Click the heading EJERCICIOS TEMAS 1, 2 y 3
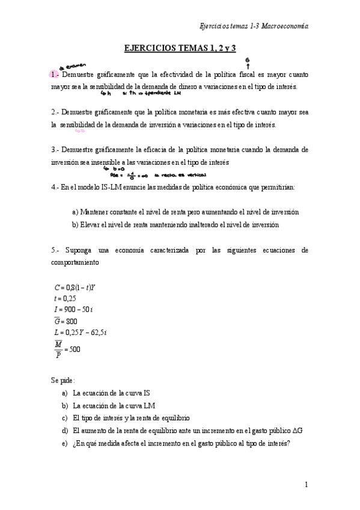180,48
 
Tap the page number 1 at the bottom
306,485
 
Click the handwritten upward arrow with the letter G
248,62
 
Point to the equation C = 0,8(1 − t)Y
75,287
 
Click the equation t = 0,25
65,298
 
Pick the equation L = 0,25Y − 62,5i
81,332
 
